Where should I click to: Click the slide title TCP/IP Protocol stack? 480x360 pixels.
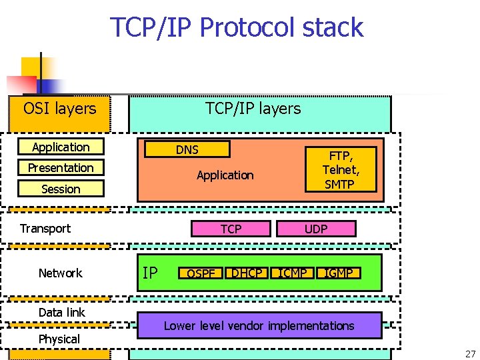(237, 27)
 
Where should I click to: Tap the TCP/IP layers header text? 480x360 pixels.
(253, 109)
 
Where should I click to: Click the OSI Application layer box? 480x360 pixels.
(61, 147)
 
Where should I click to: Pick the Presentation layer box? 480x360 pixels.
(61, 168)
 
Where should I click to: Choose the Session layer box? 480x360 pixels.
(61, 189)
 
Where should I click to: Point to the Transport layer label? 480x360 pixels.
(45, 229)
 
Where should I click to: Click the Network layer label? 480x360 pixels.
(60, 273)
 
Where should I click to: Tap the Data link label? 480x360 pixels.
(61, 312)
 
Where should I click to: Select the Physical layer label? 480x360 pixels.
(59, 339)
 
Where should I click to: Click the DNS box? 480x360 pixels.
(187, 150)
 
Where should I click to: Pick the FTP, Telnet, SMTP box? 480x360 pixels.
(340, 170)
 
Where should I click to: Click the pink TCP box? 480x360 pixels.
(231, 229)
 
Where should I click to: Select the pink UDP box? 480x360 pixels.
(316, 229)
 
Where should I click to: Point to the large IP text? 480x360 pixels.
(150, 273)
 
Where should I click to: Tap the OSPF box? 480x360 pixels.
(200, 273)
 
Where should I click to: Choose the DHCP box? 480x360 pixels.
(247, 273)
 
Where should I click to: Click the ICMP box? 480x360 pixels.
(293, 273)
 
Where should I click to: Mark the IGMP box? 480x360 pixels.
(339, 273)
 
